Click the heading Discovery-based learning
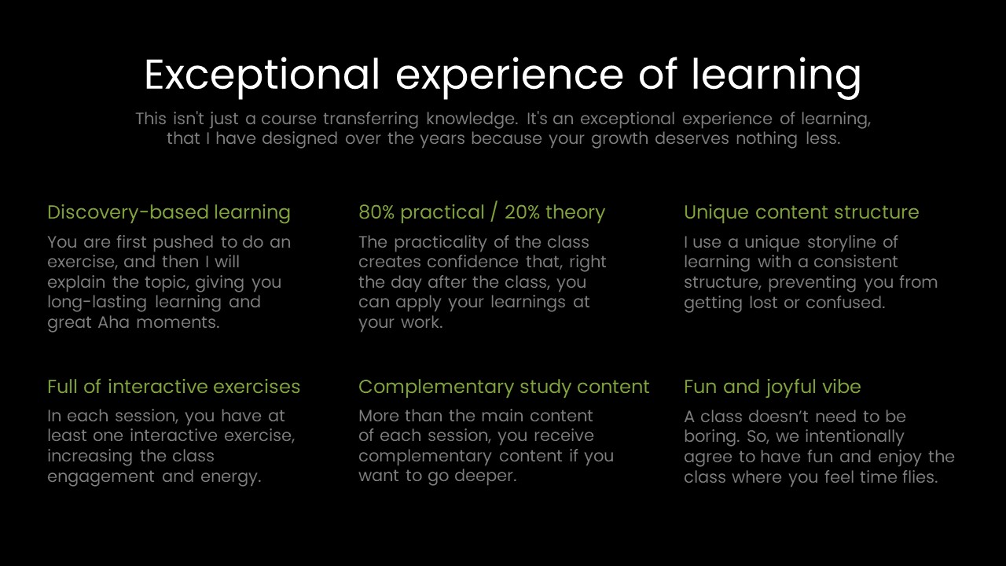click(x=168, y=212)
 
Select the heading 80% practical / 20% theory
click(x=481, y=212)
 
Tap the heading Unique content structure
click(x=801, y=212)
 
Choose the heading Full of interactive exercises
click(x=173, y=387)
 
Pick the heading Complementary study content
click(x=503, y=387)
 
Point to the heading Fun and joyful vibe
click(x=772, y=387)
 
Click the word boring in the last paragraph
click(x=711, y=436)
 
